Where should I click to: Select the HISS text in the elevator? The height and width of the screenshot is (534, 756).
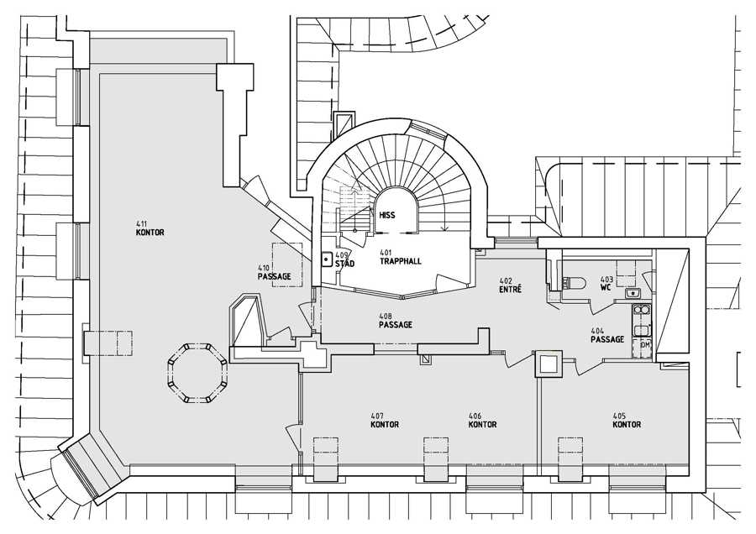(386, 215)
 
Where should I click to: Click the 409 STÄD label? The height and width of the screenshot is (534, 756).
(344, 259)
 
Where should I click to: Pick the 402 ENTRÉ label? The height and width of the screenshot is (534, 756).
(510, 285)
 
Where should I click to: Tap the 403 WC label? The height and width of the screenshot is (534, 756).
(606, 283)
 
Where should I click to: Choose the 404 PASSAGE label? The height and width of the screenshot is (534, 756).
(606, 336)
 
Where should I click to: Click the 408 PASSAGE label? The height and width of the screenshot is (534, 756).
(395, 321)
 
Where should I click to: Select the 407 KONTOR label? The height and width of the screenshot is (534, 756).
(384, 421)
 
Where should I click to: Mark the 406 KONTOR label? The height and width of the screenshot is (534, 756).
(481, 421)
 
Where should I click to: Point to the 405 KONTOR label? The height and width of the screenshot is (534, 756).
(626, 421)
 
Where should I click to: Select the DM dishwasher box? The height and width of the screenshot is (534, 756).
(644, 345)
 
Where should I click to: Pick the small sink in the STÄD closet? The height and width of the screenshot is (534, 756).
(327, 260)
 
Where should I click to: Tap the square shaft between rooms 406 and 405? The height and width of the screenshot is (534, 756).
(549, 364)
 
